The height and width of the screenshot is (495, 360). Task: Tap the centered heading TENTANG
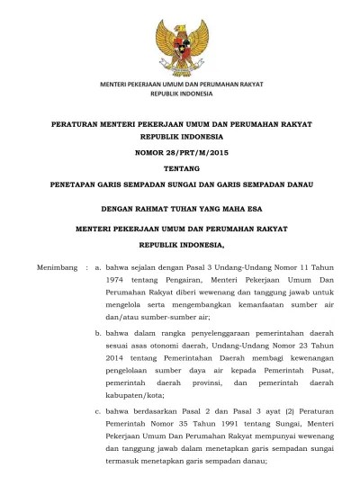pyautogui.click(x=180, y=168)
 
